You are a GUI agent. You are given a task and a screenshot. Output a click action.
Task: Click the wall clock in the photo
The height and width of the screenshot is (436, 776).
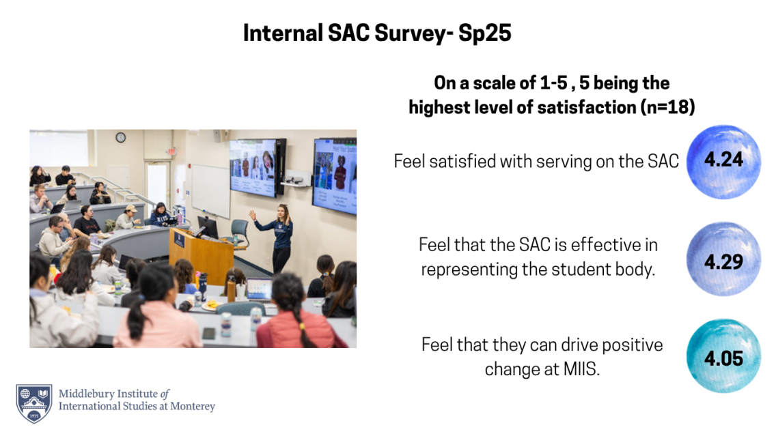click(x=121, y=137)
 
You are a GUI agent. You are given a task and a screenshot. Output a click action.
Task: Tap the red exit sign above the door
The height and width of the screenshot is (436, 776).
click(x=172, y=151)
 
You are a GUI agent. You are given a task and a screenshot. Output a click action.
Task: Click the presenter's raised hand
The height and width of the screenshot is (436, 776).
click(x=252, y=214)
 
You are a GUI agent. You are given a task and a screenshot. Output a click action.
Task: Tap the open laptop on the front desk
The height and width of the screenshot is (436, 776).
click(x=259, y=289)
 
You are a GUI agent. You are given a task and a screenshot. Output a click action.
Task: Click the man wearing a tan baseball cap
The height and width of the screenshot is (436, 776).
click(x=128, y=216)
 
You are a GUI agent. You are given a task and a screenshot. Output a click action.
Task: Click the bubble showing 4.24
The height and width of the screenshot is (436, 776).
click(x=723, y=162)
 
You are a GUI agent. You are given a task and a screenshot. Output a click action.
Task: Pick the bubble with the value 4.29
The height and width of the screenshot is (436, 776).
click(x=723, y=259)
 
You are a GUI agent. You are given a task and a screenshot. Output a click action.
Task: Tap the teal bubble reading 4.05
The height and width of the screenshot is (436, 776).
click(x=723, y=356)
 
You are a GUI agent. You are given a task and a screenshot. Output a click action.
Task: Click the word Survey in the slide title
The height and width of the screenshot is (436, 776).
click(x=399, y=33)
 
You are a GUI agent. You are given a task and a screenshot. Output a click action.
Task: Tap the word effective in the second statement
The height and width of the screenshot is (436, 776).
click(x=586, y=244)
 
